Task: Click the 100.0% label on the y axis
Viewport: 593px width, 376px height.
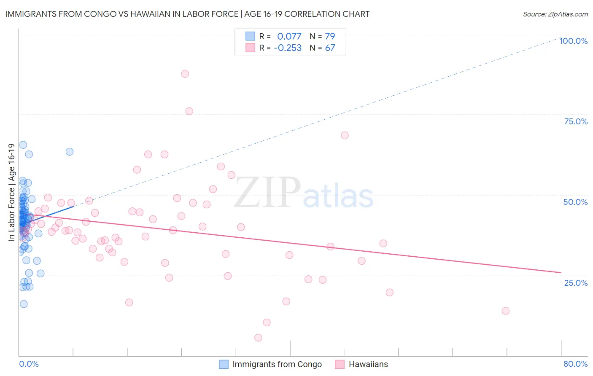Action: (573, 41)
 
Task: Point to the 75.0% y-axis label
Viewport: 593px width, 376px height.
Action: (576, 121)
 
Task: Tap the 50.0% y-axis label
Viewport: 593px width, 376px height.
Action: (575, 202)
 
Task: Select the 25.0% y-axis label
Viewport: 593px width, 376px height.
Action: (576, 282)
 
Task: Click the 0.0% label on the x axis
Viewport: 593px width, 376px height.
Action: (29, 364)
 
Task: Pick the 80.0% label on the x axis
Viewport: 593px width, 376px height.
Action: (575, 364)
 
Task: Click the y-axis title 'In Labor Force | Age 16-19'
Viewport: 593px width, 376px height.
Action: (11, 192)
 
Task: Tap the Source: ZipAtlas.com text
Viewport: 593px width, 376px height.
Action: (555, 14)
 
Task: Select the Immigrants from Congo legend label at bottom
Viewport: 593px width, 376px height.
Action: (277, 364)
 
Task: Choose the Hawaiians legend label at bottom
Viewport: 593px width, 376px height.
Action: (368, 364)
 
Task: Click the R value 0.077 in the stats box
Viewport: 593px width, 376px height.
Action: (289, 36)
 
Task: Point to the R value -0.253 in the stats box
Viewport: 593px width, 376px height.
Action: (288, 48)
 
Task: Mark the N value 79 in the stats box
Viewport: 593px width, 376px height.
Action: (330, 36)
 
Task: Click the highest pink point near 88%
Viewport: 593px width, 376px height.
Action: (185, 74)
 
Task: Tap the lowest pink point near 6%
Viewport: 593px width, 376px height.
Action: (258, 338)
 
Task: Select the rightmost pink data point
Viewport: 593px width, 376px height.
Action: (505, 311)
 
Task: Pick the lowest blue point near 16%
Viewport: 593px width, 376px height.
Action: (24, 304)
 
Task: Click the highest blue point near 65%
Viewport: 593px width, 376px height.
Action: (23, 145)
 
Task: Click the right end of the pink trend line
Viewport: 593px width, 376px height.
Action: (561, 273)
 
